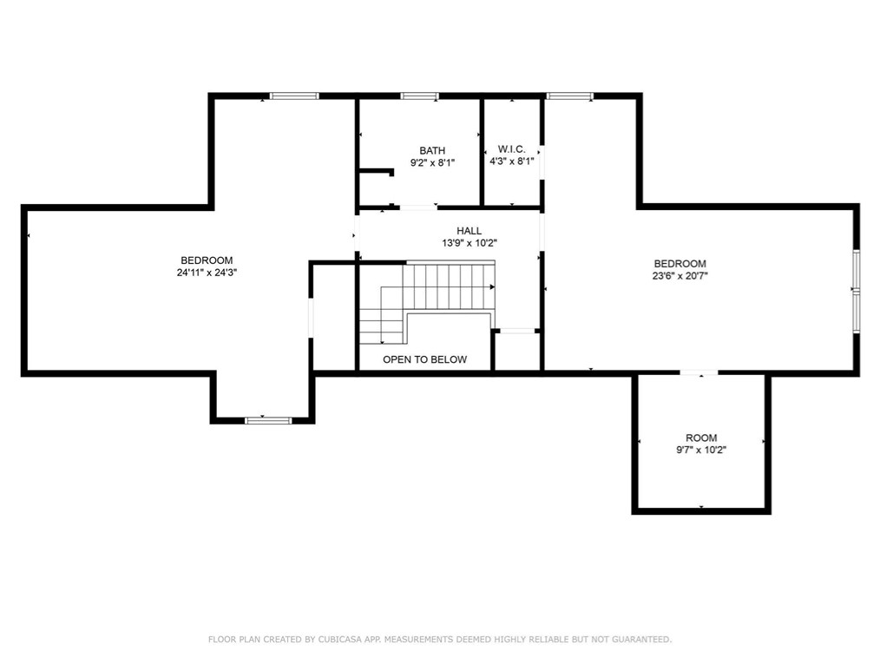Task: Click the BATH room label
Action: pos(432,151)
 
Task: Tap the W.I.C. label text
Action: pos(511,149)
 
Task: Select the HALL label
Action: pos(469,231)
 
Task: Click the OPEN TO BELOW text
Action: pos(424,359)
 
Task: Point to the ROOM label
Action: pos(701,438)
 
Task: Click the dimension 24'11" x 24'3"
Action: pos(207,273)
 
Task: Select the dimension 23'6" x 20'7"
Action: pos(680,276)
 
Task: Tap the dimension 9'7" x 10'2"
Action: pos(701,451)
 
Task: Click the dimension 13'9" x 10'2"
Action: pos(469,243)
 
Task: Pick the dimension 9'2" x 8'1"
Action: pos(432,162)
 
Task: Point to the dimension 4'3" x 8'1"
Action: pos(511,161)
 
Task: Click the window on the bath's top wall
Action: pos(419,95)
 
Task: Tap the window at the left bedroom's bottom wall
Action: pos(268,420)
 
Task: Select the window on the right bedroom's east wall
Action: pos(856,291)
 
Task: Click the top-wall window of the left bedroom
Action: pos(294,95)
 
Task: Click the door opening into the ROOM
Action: pos(699,373)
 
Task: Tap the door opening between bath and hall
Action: pos(417,207)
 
